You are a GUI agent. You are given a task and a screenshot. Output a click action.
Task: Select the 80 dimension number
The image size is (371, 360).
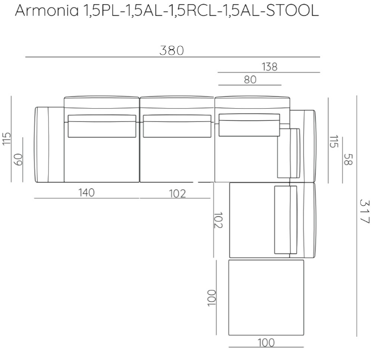coord(250,80)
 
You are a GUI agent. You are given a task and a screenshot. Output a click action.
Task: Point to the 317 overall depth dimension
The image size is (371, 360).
coord(364,211)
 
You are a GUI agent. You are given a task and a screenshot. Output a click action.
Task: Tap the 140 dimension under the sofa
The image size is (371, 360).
coord(86,192)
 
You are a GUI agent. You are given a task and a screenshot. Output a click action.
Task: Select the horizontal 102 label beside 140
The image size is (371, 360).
coord(177,194)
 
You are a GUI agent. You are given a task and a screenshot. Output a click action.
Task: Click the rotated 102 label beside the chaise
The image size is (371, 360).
coord(219,220)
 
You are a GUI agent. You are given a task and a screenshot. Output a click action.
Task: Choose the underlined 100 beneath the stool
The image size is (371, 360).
coord(266,343)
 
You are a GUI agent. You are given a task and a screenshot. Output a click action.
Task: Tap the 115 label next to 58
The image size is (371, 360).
coord(333,141)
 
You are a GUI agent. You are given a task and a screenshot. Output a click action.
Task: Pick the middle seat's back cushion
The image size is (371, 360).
coord(176,126)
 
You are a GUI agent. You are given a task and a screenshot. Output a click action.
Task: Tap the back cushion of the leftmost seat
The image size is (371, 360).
coord(101,126)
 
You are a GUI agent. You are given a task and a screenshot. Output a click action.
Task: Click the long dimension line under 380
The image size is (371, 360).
coord(172,57)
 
